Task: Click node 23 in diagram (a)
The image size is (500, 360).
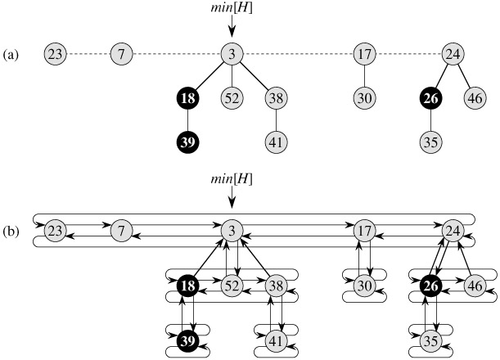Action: [x=56, y=55]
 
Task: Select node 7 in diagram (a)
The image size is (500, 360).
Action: [x=121, y=55]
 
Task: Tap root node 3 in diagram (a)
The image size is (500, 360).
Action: [x=232, y=55]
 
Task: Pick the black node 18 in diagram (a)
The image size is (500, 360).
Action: [x=187, y=99]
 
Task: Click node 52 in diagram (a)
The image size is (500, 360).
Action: [x=232, y=99]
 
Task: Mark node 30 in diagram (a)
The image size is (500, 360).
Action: [x=364, y=99]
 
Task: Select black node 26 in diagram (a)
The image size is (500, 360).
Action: [x=430, y=99]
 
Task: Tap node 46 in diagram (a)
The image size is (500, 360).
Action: [x=475, y=99]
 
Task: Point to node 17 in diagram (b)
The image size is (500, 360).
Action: [x=364, y=231]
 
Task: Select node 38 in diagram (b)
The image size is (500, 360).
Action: [x=277, y=286]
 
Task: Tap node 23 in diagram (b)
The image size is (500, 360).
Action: [x=56, y=231]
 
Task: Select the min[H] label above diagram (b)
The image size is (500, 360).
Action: [x=232, y=179]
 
